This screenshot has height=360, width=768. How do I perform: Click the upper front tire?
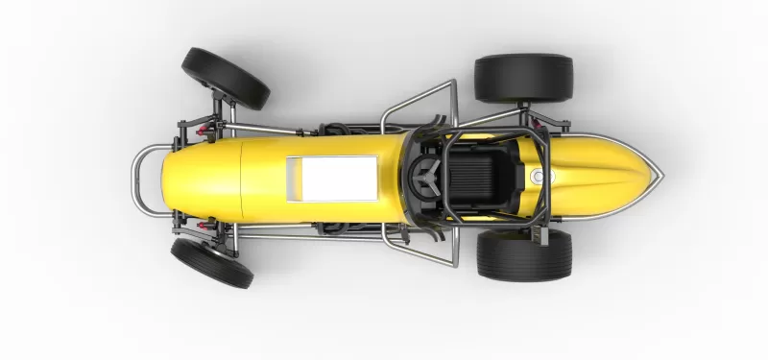[226, 78]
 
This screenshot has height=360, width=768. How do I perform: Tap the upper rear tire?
[523, 78]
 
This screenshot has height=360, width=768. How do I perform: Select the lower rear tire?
[524, 255]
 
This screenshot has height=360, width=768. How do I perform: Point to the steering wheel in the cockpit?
[425, 179]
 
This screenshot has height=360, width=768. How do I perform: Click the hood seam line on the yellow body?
[241, 179]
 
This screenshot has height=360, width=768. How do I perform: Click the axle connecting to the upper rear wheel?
[524, 111]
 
